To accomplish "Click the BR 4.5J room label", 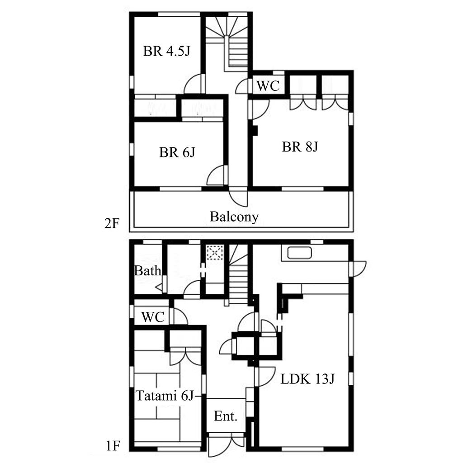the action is tap(166, 51).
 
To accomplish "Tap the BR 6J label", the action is tap(177, 152).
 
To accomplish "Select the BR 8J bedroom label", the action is tap(300, 147).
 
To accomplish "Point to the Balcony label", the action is tap(234, 217).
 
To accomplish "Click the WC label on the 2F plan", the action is tap(268, 86).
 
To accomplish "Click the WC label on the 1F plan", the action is tap(153, 317).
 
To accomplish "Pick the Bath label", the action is tap(148, 270).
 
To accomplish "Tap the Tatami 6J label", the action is tap(165, 396).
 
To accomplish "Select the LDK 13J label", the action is tap(307, 379).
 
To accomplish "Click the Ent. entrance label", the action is tap(226, 416).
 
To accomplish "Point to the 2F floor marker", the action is tap(112, 223).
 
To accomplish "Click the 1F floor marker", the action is tap(112, 446).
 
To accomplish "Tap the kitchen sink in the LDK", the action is tap(299, 253).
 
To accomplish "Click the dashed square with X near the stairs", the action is tap(215, 252).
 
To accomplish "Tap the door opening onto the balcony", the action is tap(238, 197).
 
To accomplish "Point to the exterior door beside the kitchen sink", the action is tap(358, 269).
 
